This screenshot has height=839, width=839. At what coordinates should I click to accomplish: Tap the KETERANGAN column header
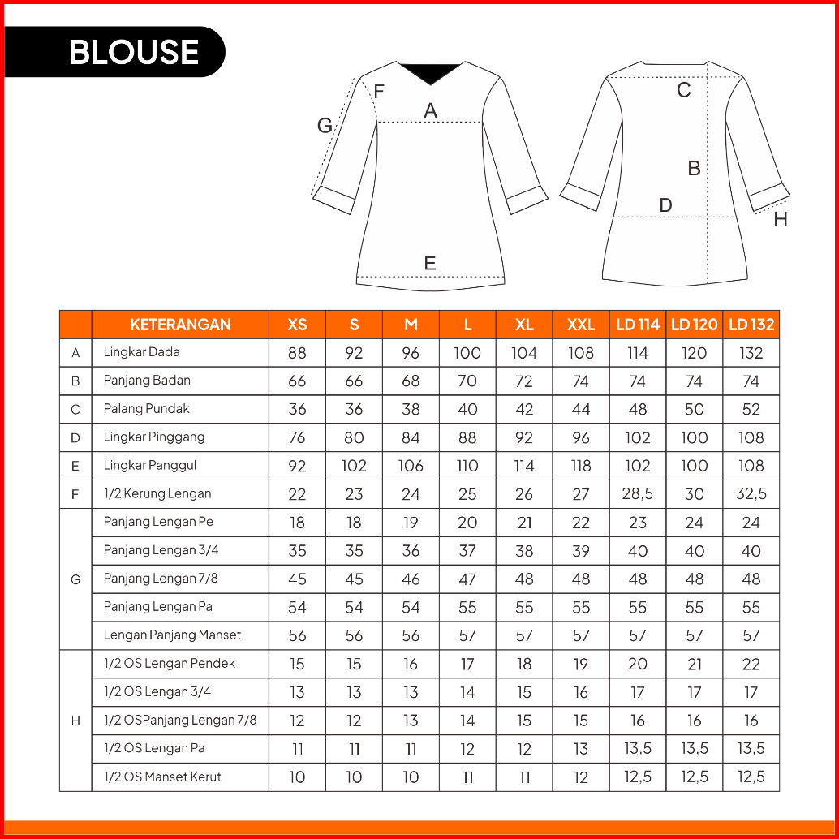click(x=180, y=325)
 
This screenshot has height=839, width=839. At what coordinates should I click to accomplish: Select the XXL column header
click(x=581, y=325)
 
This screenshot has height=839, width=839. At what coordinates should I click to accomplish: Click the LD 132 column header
click(x=751, y=325)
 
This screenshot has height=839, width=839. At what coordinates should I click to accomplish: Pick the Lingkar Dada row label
click(x=142, y=352)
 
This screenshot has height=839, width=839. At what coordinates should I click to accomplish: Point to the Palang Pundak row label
click(x=146, y=409)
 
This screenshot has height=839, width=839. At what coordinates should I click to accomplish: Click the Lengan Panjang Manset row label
click(x=172, y=635)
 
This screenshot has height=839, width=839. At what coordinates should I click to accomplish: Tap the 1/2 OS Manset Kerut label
click(x=162, y=777)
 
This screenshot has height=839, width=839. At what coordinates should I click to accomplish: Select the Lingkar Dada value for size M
click(x=411, y=353)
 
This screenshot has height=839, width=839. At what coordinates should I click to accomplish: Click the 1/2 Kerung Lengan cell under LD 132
click(x=751, y=494)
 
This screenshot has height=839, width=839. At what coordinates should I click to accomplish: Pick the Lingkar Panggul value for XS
click(x=297, y=466)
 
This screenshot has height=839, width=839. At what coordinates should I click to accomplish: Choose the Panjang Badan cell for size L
click(x=467, y=381)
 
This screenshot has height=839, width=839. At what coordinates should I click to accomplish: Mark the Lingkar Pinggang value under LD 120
click(x=695, y=438)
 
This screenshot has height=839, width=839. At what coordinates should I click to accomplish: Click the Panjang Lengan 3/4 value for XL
click(x=524, y=551)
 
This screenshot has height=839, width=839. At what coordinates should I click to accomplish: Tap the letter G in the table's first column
click(x=75, y=579)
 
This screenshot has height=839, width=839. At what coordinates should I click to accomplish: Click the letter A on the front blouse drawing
click(x=431, y=111)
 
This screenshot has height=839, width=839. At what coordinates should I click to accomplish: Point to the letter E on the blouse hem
click(x=430, y=263)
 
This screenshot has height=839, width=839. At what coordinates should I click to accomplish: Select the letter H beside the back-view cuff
click(x=781, y=220)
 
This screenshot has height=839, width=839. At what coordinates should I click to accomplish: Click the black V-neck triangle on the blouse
click(x=430, y=71)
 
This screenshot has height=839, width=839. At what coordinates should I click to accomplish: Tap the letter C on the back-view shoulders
click(x=684, y=90)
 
